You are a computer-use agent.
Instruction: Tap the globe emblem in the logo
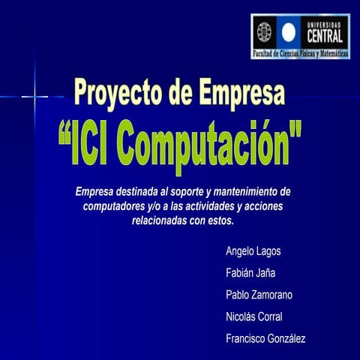pyautogui.click(x=265, y=31)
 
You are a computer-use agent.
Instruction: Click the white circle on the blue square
pyautogui.click(x=288, y=31)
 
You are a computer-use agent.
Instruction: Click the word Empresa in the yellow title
pyautogui.click(x=243, y=94)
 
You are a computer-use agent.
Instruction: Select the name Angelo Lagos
pyautogui.click(x=253, y=251)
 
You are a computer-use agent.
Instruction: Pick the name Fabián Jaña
pyautogui.click(x=251, y=273)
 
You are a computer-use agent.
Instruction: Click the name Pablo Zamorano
pyautogui.click(x=259, y=295)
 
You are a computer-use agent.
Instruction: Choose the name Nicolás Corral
pyautogui.click(x=253, y=316)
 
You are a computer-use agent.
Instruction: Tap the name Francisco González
pyautogui.click(x=265, y=339)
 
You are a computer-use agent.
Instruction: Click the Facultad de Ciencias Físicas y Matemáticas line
pyautogui.click(x=300, y=55)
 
